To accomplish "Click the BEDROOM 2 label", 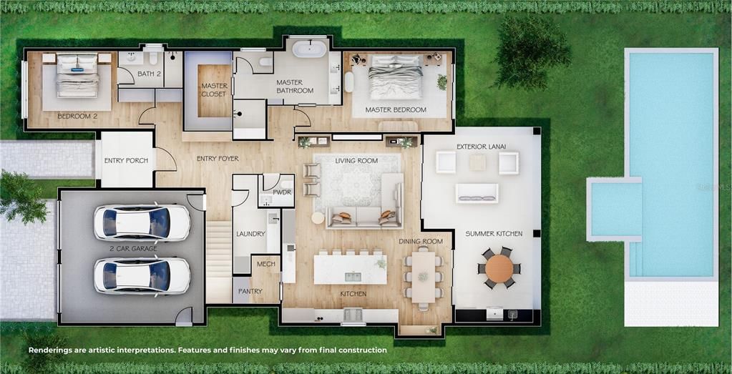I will [77, 116].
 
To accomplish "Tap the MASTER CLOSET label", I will [214, 90].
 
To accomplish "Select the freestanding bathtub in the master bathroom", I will [309, 49].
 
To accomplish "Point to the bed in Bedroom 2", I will [77, 75].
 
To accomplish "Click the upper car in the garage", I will [142, 222].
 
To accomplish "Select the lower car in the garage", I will [142, 275].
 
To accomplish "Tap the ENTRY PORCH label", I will [126, 160].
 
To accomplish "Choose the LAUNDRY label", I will [250, 234].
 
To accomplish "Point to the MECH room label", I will [265, 264].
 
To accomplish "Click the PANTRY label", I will [250, 292].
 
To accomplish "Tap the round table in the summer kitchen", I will [499, 268].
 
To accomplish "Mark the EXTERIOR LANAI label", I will [481, 147].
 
